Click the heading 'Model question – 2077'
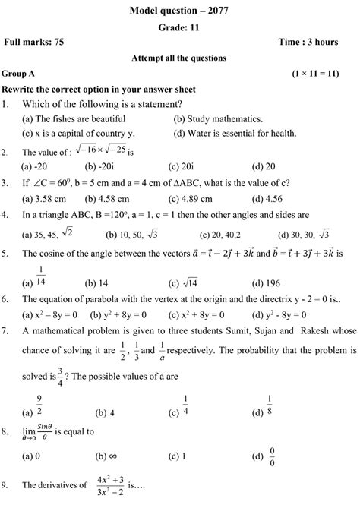pyautogui.click(x=179, y=8)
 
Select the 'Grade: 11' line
pyautogui.click(x=179, y=25)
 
